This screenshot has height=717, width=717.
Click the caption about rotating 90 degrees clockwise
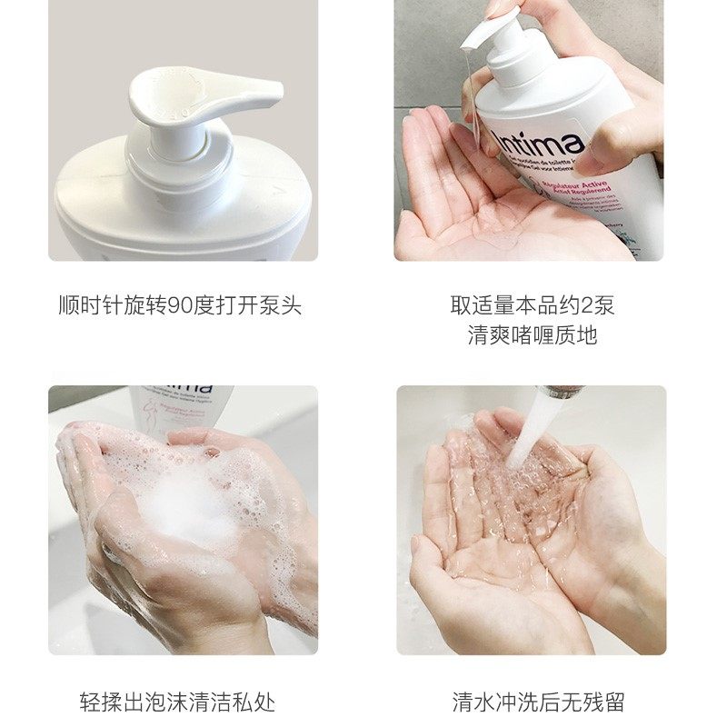click(179, 305)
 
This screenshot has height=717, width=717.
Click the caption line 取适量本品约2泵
click(532, 305)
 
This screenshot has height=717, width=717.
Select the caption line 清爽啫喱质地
click(532, 334)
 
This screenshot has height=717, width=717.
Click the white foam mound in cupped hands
click(195, 495)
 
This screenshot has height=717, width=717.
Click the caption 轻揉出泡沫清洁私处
click(177, 702)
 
